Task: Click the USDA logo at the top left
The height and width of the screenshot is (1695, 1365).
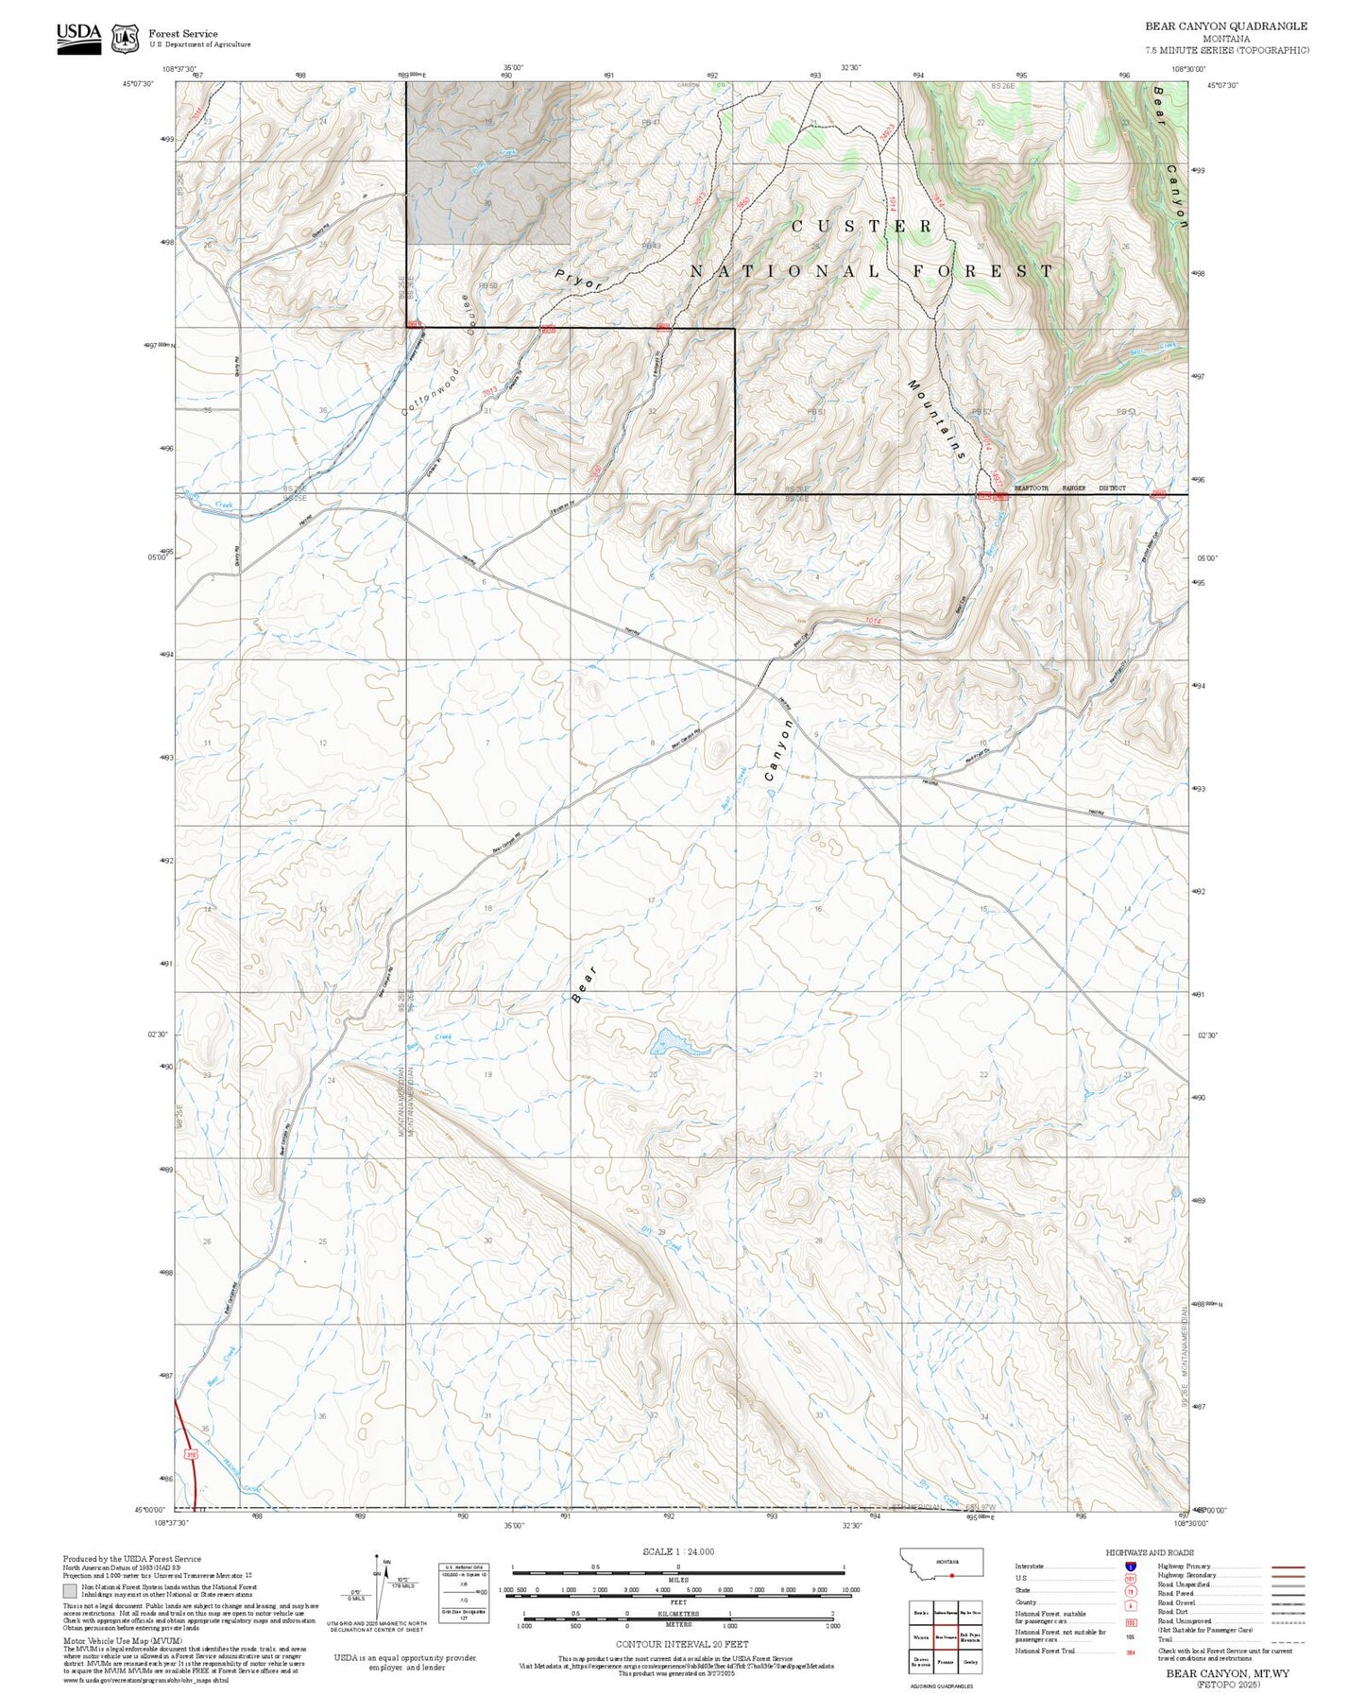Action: tap(78, 37)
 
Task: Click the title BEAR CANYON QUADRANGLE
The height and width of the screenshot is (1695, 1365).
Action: tap(1226, 26)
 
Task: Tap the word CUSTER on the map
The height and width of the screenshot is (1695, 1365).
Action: tap(862, 227)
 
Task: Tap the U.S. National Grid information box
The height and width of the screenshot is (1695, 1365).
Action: tap(464, 1593)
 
